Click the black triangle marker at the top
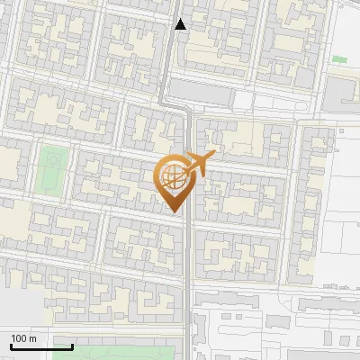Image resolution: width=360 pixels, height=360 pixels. [180, 24]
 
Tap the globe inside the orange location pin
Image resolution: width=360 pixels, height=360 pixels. [174, 177]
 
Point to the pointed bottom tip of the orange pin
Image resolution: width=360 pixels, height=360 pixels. [174, 212]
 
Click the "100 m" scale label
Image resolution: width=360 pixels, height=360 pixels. [24, 338]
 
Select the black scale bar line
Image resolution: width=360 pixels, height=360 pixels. [41, 346]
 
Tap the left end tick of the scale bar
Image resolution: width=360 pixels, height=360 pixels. [11, 345]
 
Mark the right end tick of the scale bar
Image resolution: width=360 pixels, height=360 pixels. [73, 345]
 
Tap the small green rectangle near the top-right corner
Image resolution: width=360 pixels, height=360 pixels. [339, 59]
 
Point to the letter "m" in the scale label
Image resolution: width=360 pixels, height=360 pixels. [33, 338]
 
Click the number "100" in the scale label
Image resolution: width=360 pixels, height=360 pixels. [20, 338]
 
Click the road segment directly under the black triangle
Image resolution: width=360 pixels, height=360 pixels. [179, 54]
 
